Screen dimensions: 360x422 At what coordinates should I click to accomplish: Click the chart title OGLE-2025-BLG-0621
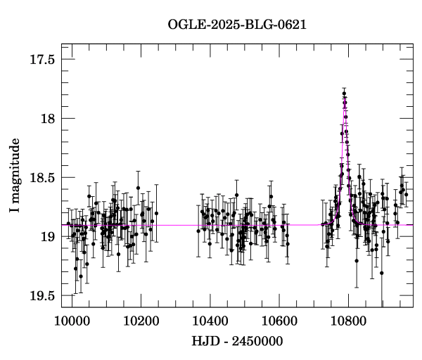click(238, 25)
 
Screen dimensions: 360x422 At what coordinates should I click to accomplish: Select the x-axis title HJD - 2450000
click(238, 342)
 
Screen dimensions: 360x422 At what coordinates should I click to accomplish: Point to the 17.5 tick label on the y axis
click(41, 60)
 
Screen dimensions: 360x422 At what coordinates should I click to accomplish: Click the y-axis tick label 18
click(47, 119)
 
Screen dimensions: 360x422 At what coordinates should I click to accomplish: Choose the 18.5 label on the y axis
click(41, 178)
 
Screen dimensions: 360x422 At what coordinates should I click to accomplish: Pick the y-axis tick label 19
click(47, 237)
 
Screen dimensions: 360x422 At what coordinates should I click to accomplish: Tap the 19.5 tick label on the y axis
click(41, 296)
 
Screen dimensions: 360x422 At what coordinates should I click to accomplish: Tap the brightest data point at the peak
click(344, 93)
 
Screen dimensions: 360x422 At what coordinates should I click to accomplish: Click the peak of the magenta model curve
click(345, 96)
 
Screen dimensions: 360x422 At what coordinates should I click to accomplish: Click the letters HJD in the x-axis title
click(206, 342)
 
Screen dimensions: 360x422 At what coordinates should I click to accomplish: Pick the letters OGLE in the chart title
click(185, 25)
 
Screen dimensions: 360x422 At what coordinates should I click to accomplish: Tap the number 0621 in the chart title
click(291, 25)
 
